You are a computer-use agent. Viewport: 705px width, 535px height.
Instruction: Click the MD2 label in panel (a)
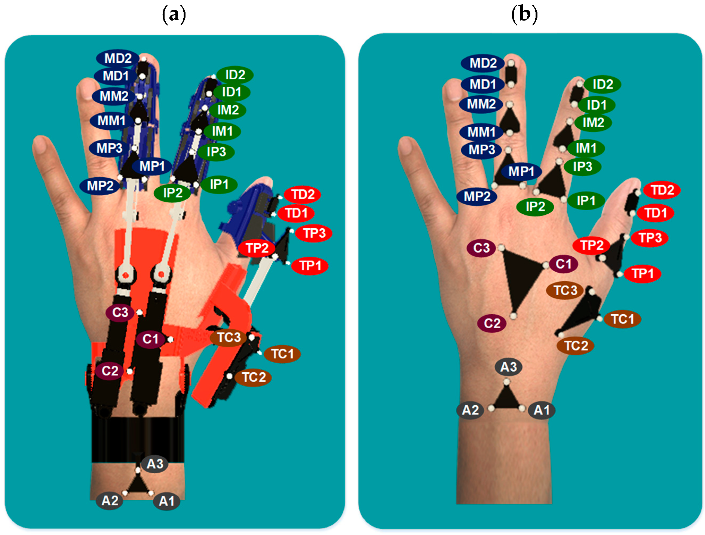[117, 58]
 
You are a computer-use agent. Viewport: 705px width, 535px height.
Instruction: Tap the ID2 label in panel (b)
[602, 85]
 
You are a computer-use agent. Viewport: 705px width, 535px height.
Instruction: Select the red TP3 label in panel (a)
[314, 233]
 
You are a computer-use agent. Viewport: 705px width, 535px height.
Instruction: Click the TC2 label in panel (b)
[575, 346]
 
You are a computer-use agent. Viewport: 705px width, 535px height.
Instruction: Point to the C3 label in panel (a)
[120, 312]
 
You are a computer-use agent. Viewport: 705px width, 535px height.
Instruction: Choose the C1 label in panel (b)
[563, 264]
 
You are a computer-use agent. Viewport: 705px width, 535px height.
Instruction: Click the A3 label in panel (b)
[508, 367]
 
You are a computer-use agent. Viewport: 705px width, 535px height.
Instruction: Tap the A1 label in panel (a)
[166, 501]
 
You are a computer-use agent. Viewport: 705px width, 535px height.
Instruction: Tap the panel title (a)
[174, 15]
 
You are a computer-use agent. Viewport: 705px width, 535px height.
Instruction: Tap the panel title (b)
[524, 15]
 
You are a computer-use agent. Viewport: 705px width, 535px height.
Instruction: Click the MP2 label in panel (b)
[476, 196]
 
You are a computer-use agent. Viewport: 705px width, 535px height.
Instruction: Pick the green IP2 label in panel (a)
[172, 193]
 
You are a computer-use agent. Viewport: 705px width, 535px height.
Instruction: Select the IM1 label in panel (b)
[586, 148]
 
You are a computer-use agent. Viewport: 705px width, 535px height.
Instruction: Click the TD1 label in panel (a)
[296, 213]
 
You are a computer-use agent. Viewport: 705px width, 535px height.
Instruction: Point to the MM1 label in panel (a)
[111, 121]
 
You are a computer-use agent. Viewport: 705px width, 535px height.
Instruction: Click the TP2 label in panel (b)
[591, 245]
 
